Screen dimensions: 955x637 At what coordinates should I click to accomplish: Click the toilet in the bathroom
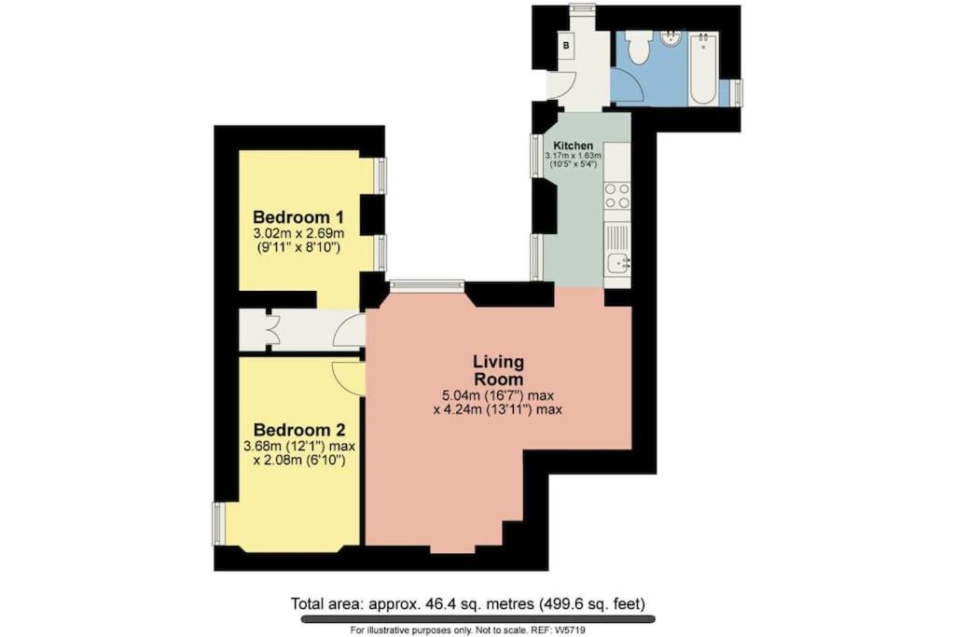[639, 48]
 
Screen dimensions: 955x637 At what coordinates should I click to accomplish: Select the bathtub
[703, 69]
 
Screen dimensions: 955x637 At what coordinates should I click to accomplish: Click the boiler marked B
[566, 46]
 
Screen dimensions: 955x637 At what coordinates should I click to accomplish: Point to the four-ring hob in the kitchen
[617, 196]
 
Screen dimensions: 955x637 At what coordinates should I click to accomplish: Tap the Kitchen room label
[573, 146]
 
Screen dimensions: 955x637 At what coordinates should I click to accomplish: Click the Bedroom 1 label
[298, 216]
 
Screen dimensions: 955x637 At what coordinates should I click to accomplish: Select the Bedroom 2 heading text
[299, 430]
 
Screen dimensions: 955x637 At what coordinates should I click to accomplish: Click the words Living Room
[498, 369]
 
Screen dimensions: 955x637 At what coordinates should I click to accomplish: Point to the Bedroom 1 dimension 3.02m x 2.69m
[298, 234]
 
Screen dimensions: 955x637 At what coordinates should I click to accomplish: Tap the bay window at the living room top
[427, 284]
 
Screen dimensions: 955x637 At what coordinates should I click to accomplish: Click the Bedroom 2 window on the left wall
[219, 523]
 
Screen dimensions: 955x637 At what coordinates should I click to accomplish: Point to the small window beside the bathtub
[737, 93]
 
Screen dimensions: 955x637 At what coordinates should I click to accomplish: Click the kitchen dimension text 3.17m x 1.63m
[573, 156]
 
